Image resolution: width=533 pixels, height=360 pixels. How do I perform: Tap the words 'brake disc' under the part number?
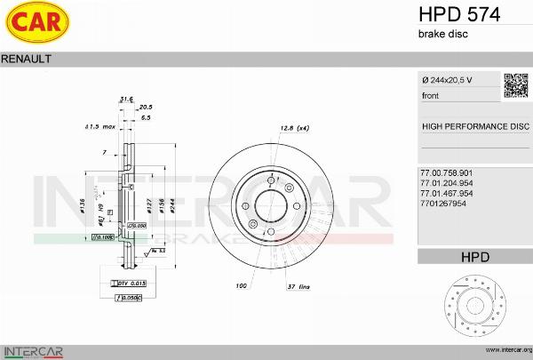[x=442, y=34]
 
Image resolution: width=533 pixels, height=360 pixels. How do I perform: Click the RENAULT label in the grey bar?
[x=27, y=58]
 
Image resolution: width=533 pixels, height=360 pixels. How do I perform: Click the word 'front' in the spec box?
[x=430, y=95]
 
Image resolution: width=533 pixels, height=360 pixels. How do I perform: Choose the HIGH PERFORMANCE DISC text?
[x=474, y=126]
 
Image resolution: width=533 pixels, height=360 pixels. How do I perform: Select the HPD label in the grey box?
[x=475, y=257]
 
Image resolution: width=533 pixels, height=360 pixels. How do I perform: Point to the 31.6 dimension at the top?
[x=126, y=99]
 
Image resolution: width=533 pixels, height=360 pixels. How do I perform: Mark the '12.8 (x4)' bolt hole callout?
[x=293, y=129]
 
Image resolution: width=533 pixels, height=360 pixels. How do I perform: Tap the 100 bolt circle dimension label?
[x=240, y=285]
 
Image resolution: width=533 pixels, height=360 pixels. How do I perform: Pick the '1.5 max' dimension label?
[x=99, y=126]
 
